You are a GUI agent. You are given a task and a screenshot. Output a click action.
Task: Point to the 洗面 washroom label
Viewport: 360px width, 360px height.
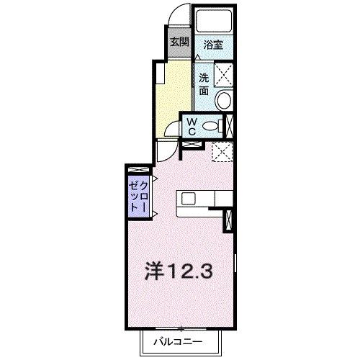pyautogui.click(x=204, y=83)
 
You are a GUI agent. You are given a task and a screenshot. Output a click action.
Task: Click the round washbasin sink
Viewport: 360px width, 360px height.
pyautogui.click(x=224, y=100)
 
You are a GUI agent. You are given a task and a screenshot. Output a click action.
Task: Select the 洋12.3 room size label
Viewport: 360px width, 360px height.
pyautogui.click(x=181, y=271)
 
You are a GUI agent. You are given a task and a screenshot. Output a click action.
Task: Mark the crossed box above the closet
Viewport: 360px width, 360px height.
pyautogui.click(x=137, y=169)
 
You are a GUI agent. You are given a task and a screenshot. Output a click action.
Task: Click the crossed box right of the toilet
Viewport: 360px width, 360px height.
pyautogui.click(x=230, y=125)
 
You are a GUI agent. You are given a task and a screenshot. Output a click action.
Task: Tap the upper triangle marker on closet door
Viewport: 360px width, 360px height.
pyautogui.click(x=153, y=180)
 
